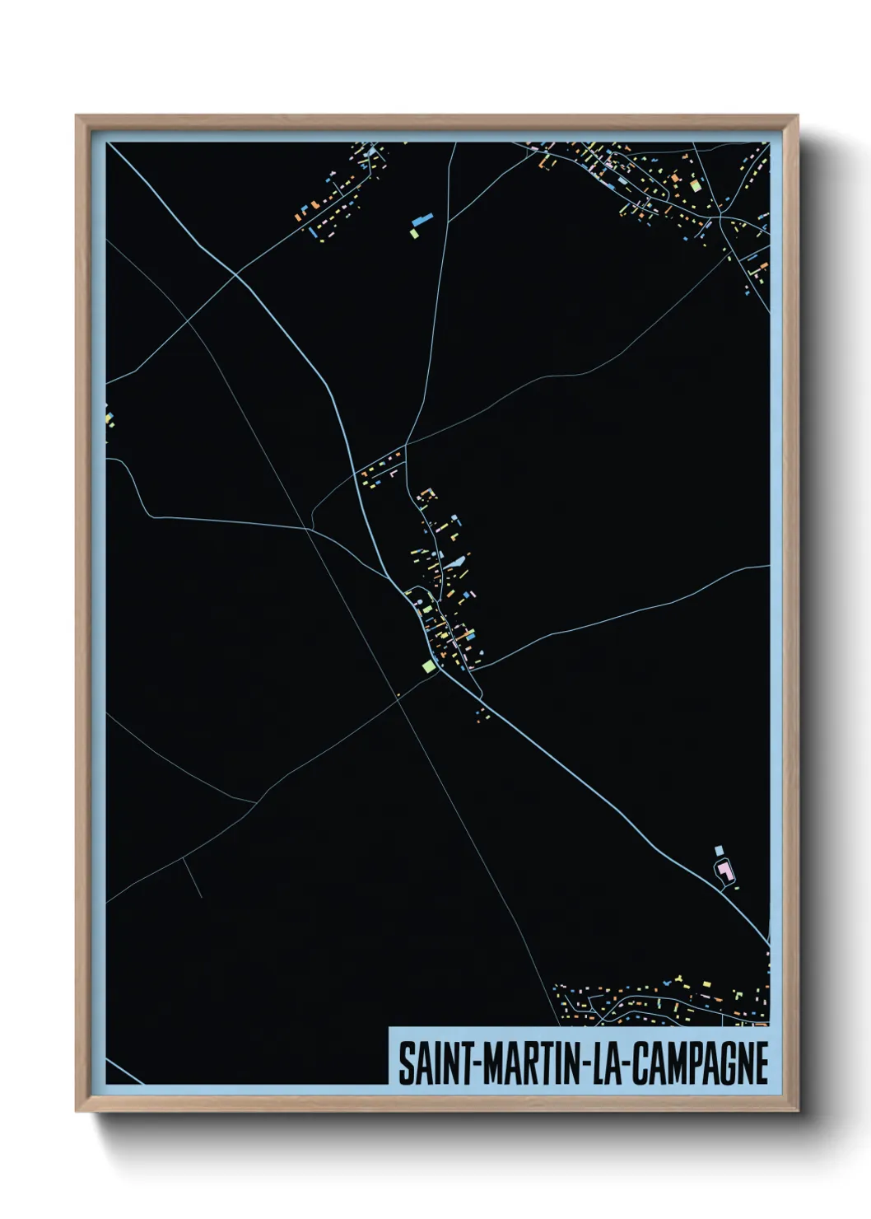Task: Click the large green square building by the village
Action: (x=427, y=666)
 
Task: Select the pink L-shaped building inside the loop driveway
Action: (x=725, y=870)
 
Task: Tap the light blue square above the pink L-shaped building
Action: (x=718, y=849)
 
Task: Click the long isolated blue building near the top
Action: (x=422, y=220)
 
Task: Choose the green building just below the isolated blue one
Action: (x=414, y=234)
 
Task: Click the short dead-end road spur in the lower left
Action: (x=193, y=878)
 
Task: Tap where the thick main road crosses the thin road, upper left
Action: (x=236, y=274)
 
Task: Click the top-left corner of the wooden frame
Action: (x=77, y=116)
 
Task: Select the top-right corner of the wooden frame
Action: (x=796, y=116)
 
